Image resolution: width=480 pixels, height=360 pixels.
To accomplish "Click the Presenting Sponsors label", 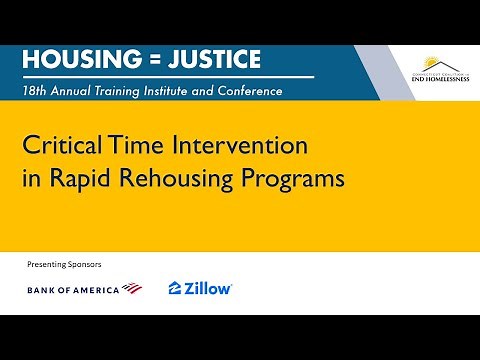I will point(65,264).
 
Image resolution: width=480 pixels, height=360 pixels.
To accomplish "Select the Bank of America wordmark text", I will point(72,289).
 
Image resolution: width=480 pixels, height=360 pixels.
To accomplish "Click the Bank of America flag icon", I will point(132,289).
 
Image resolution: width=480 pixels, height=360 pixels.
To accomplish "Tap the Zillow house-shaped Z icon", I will point(175,288).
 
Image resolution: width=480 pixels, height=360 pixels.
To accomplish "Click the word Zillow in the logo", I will point(209,288).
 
